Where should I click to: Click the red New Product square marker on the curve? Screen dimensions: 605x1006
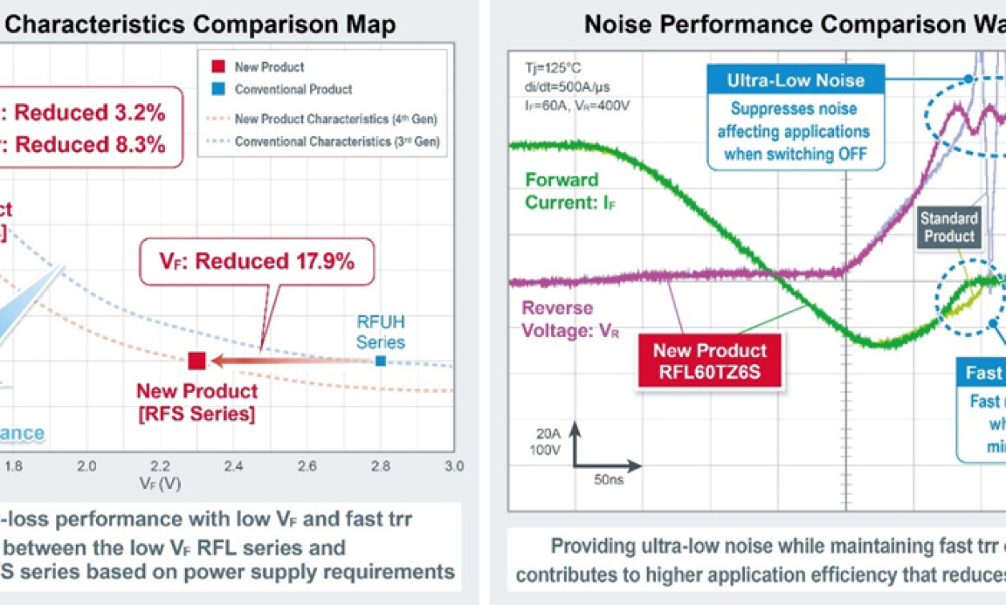(197, 361)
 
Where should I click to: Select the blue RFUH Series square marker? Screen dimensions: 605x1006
(380, 361)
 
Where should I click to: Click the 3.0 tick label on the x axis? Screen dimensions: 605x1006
(454, 466)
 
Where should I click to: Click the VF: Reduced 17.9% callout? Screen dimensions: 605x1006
(256, 262)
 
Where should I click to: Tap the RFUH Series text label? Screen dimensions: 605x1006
(380, 331)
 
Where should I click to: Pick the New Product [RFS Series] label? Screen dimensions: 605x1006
(197, 402)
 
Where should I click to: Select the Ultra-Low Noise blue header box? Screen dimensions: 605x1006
(795, 80)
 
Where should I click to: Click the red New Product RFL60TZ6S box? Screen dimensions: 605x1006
(710, 359)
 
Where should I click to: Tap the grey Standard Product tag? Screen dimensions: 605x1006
(949, 226)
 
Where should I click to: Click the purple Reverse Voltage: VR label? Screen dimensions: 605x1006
(557, 319)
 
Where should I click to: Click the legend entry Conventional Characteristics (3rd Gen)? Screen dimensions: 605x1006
(336, 142)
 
